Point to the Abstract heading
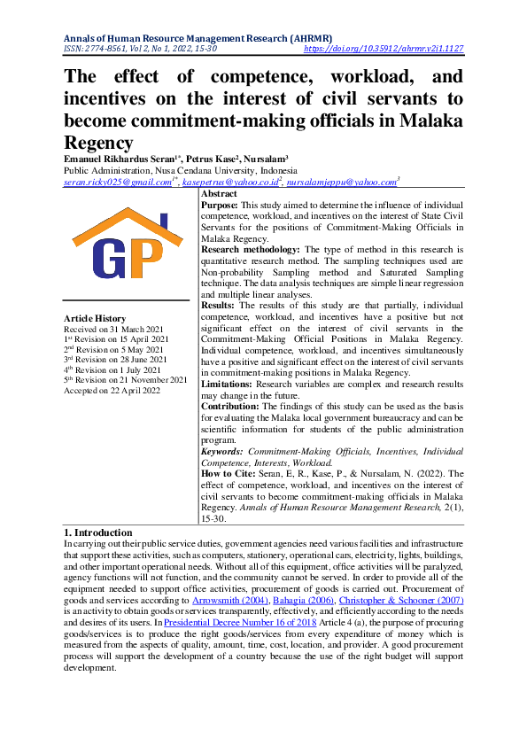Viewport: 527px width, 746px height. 219,193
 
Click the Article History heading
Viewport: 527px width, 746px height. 95,319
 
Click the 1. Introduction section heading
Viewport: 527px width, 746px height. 98,532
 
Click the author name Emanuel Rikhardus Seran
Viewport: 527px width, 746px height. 115,159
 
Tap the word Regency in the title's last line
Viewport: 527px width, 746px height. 99,142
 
